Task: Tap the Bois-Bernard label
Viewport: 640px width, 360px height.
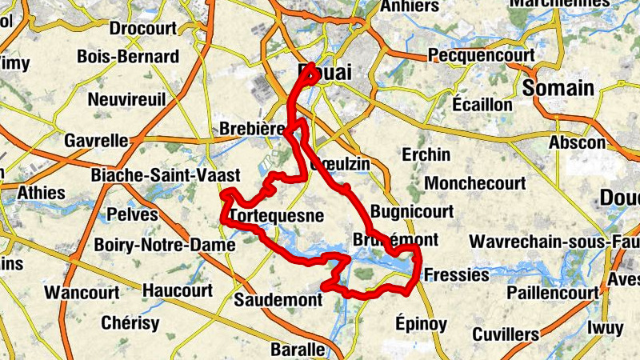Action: [x=128, y=57]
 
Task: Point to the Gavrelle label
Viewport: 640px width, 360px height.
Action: [x=95, y=141]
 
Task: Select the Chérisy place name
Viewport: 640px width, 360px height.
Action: [x=130, y=323]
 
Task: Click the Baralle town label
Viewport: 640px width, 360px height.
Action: [x=298, y=350]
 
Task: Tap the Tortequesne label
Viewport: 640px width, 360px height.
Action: [x=276, y=216]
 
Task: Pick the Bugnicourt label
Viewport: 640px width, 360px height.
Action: [x=413, y=212]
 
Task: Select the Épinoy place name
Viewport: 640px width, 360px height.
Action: [x=421, y=323]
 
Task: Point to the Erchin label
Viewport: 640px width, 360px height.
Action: [x=426, y=154]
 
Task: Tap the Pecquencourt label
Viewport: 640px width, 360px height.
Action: [x=475, y=56]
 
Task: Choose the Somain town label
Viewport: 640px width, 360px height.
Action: [x=559, y=88]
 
